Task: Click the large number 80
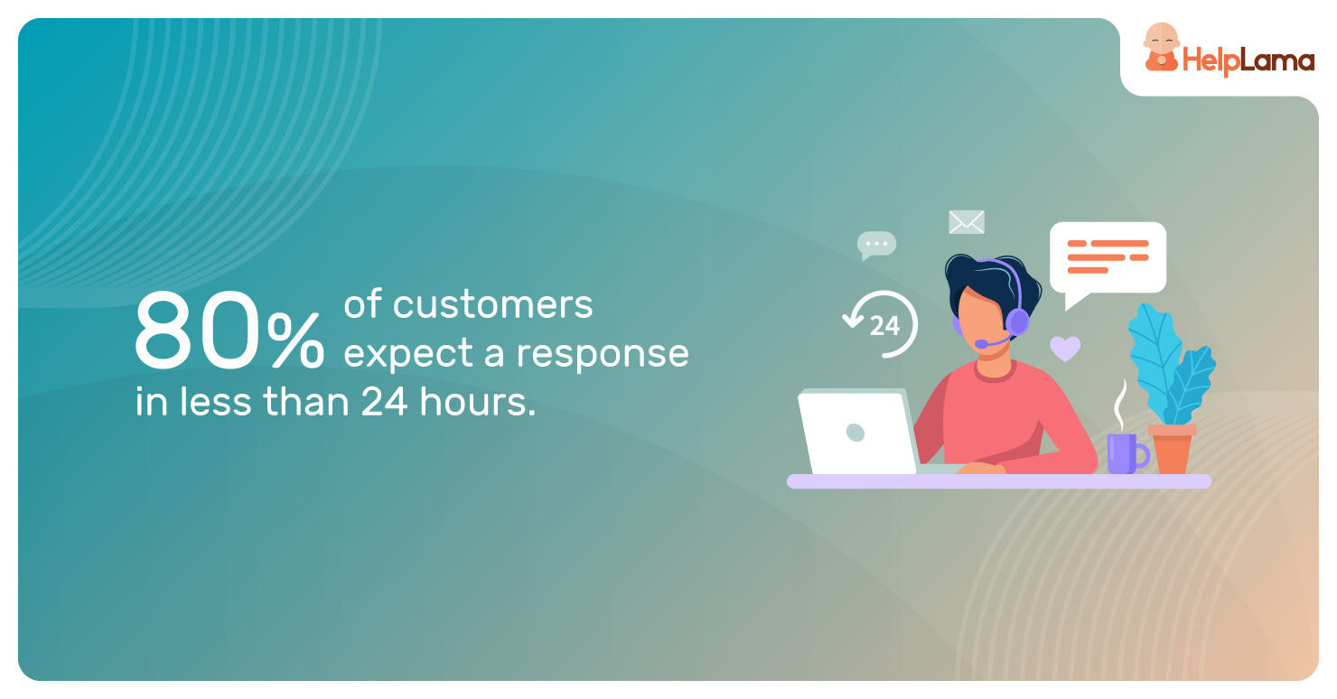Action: (x=198, y=330)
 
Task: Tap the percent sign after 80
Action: (x=295, y=340)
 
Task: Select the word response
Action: (x=603, y=355)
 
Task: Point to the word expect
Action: (x=408, y=354)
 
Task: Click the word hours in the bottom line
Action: (x=478, y=401)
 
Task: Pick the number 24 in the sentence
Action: (x=385, y=401)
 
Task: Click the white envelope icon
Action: (x=967, y=222)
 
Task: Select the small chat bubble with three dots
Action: (x=876, y=246)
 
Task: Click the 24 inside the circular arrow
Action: (x=884, y=326)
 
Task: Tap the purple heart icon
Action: (x=1065, y=348)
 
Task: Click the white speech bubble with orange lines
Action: (x=1108, y=258)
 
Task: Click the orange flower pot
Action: (x=1173, y=450)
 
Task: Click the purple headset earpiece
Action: (x=1016, y=322)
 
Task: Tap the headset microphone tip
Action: (x=981, y=344)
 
